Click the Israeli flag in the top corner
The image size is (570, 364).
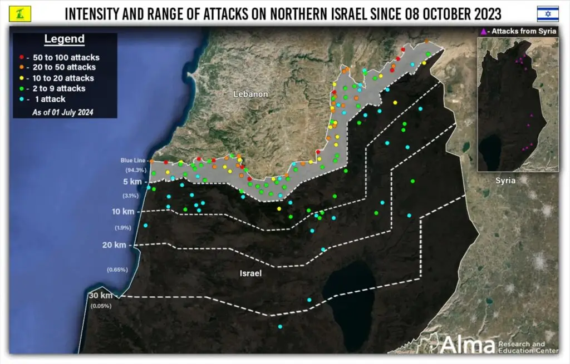[x=547, y=13]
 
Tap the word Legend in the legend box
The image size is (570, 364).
[x=65, y=39]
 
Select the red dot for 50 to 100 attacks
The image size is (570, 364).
[x=22, y=57]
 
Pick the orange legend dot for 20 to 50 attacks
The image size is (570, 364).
[x=22, y=67]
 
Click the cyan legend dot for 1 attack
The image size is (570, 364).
[x=22, y=99]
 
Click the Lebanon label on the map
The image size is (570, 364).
[x=251, y=94]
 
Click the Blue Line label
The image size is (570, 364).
[x=134, y=161]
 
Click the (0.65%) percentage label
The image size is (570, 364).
[x=117, y=270]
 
